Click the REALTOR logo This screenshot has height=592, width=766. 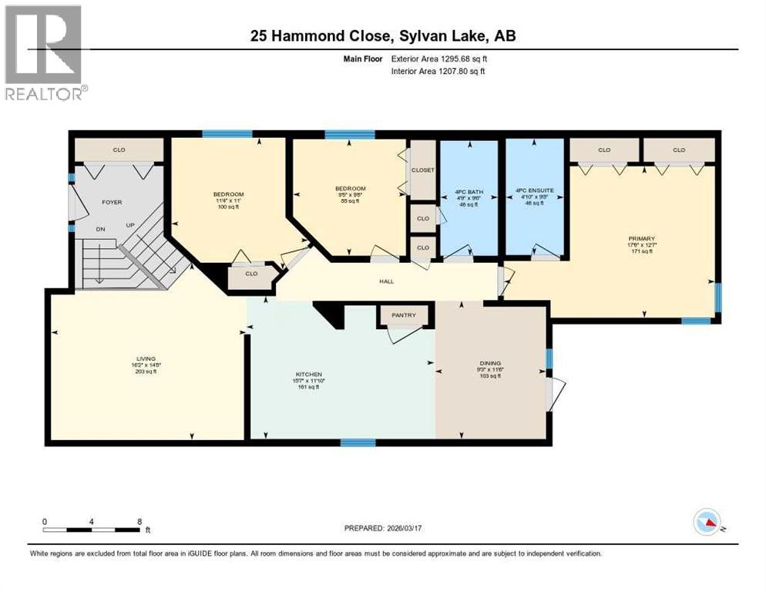coord(44,52)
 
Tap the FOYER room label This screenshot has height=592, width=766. coord(113,202)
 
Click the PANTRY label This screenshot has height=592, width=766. coord(404,314)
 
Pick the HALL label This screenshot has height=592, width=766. coord(386,281)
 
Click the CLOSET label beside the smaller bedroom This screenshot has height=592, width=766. coord(423,170)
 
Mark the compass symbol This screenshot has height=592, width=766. coord(707,523)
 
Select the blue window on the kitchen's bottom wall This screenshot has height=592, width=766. coord(358,442)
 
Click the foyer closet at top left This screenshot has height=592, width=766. coord(119,150)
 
